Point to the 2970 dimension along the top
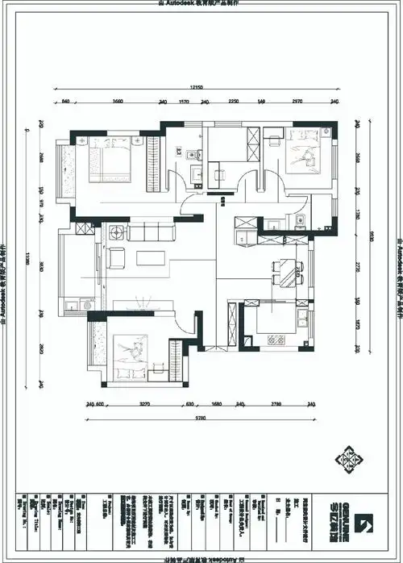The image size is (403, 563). [297, 102]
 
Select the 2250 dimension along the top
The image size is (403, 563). [233, 102]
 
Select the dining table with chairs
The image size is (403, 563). [286, 273]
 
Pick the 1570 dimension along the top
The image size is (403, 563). [183, 102]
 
